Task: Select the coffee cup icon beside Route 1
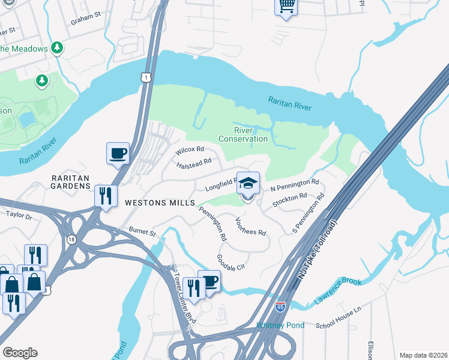click(118, 154)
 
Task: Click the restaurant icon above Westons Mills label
click(106, 196)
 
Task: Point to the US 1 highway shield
click(145, 77)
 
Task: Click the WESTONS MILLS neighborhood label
click(153, 203)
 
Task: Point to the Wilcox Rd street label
click(190, 149)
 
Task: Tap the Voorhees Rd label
click(250, 227)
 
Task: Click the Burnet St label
click(142, 230)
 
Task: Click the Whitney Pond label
click(280, 325)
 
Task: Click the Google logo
click(20, 353)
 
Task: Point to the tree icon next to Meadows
click(57, 47)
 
